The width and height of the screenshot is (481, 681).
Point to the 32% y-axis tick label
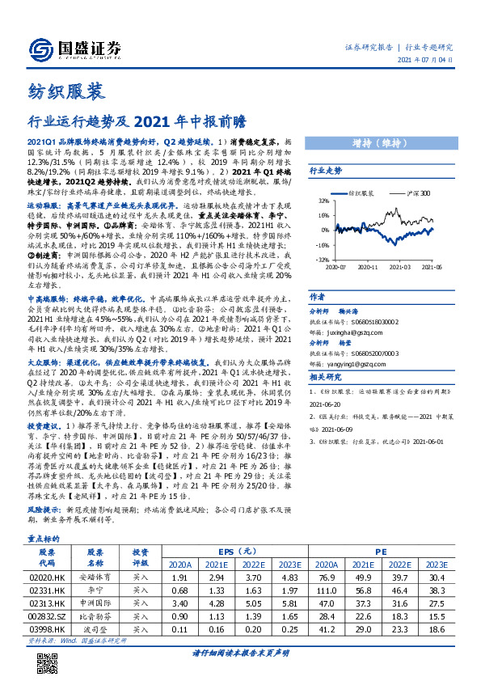pyautogui.click(x=323, y=200)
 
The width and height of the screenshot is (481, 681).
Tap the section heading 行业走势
pyautogui.click(x=326, y=171)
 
